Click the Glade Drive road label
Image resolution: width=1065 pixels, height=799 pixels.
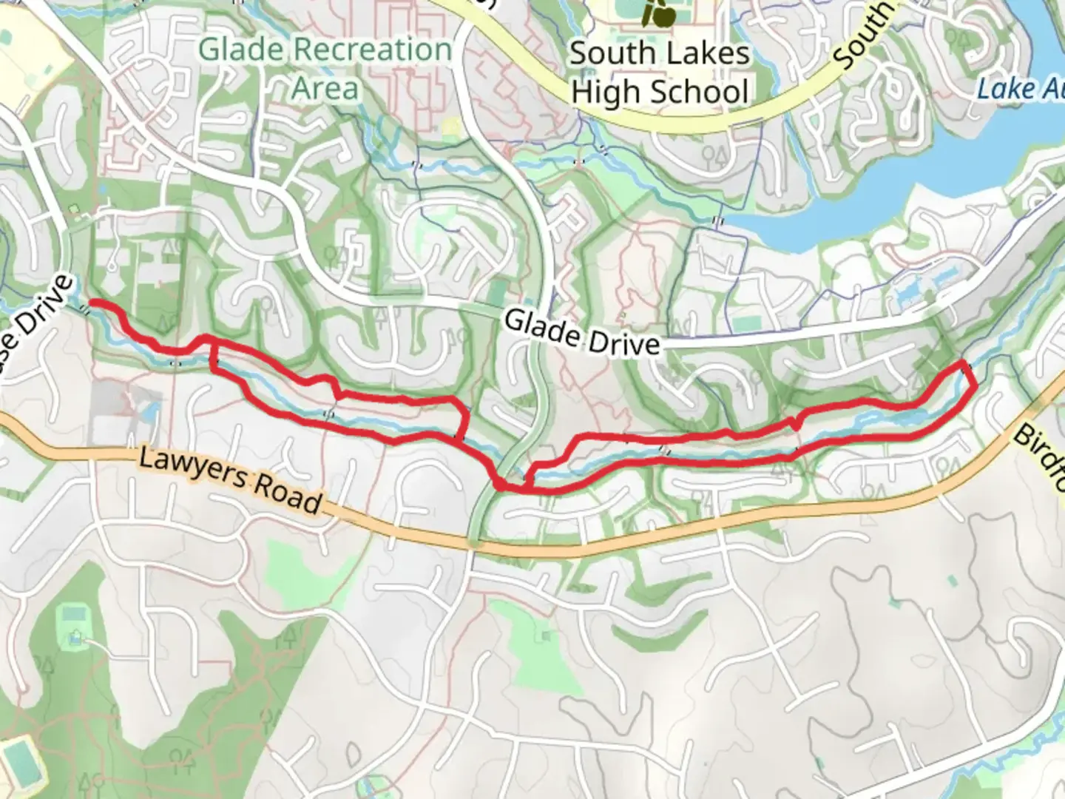tap(581, 332)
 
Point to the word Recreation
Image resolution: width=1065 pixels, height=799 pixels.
tap(371, 50)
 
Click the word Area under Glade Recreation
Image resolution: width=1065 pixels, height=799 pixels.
tap(325, 88)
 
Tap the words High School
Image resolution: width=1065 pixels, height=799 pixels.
tap(660, 92)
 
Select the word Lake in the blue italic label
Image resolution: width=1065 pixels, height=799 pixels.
tap(998, 90)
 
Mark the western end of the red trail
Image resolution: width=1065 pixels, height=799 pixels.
tap(90, 304)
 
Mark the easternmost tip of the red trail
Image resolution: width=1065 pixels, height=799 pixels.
tap(974, 383)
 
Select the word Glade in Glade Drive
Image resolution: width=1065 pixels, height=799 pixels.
tap(540, 325)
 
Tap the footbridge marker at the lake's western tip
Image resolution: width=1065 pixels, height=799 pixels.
tap(716, 220)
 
